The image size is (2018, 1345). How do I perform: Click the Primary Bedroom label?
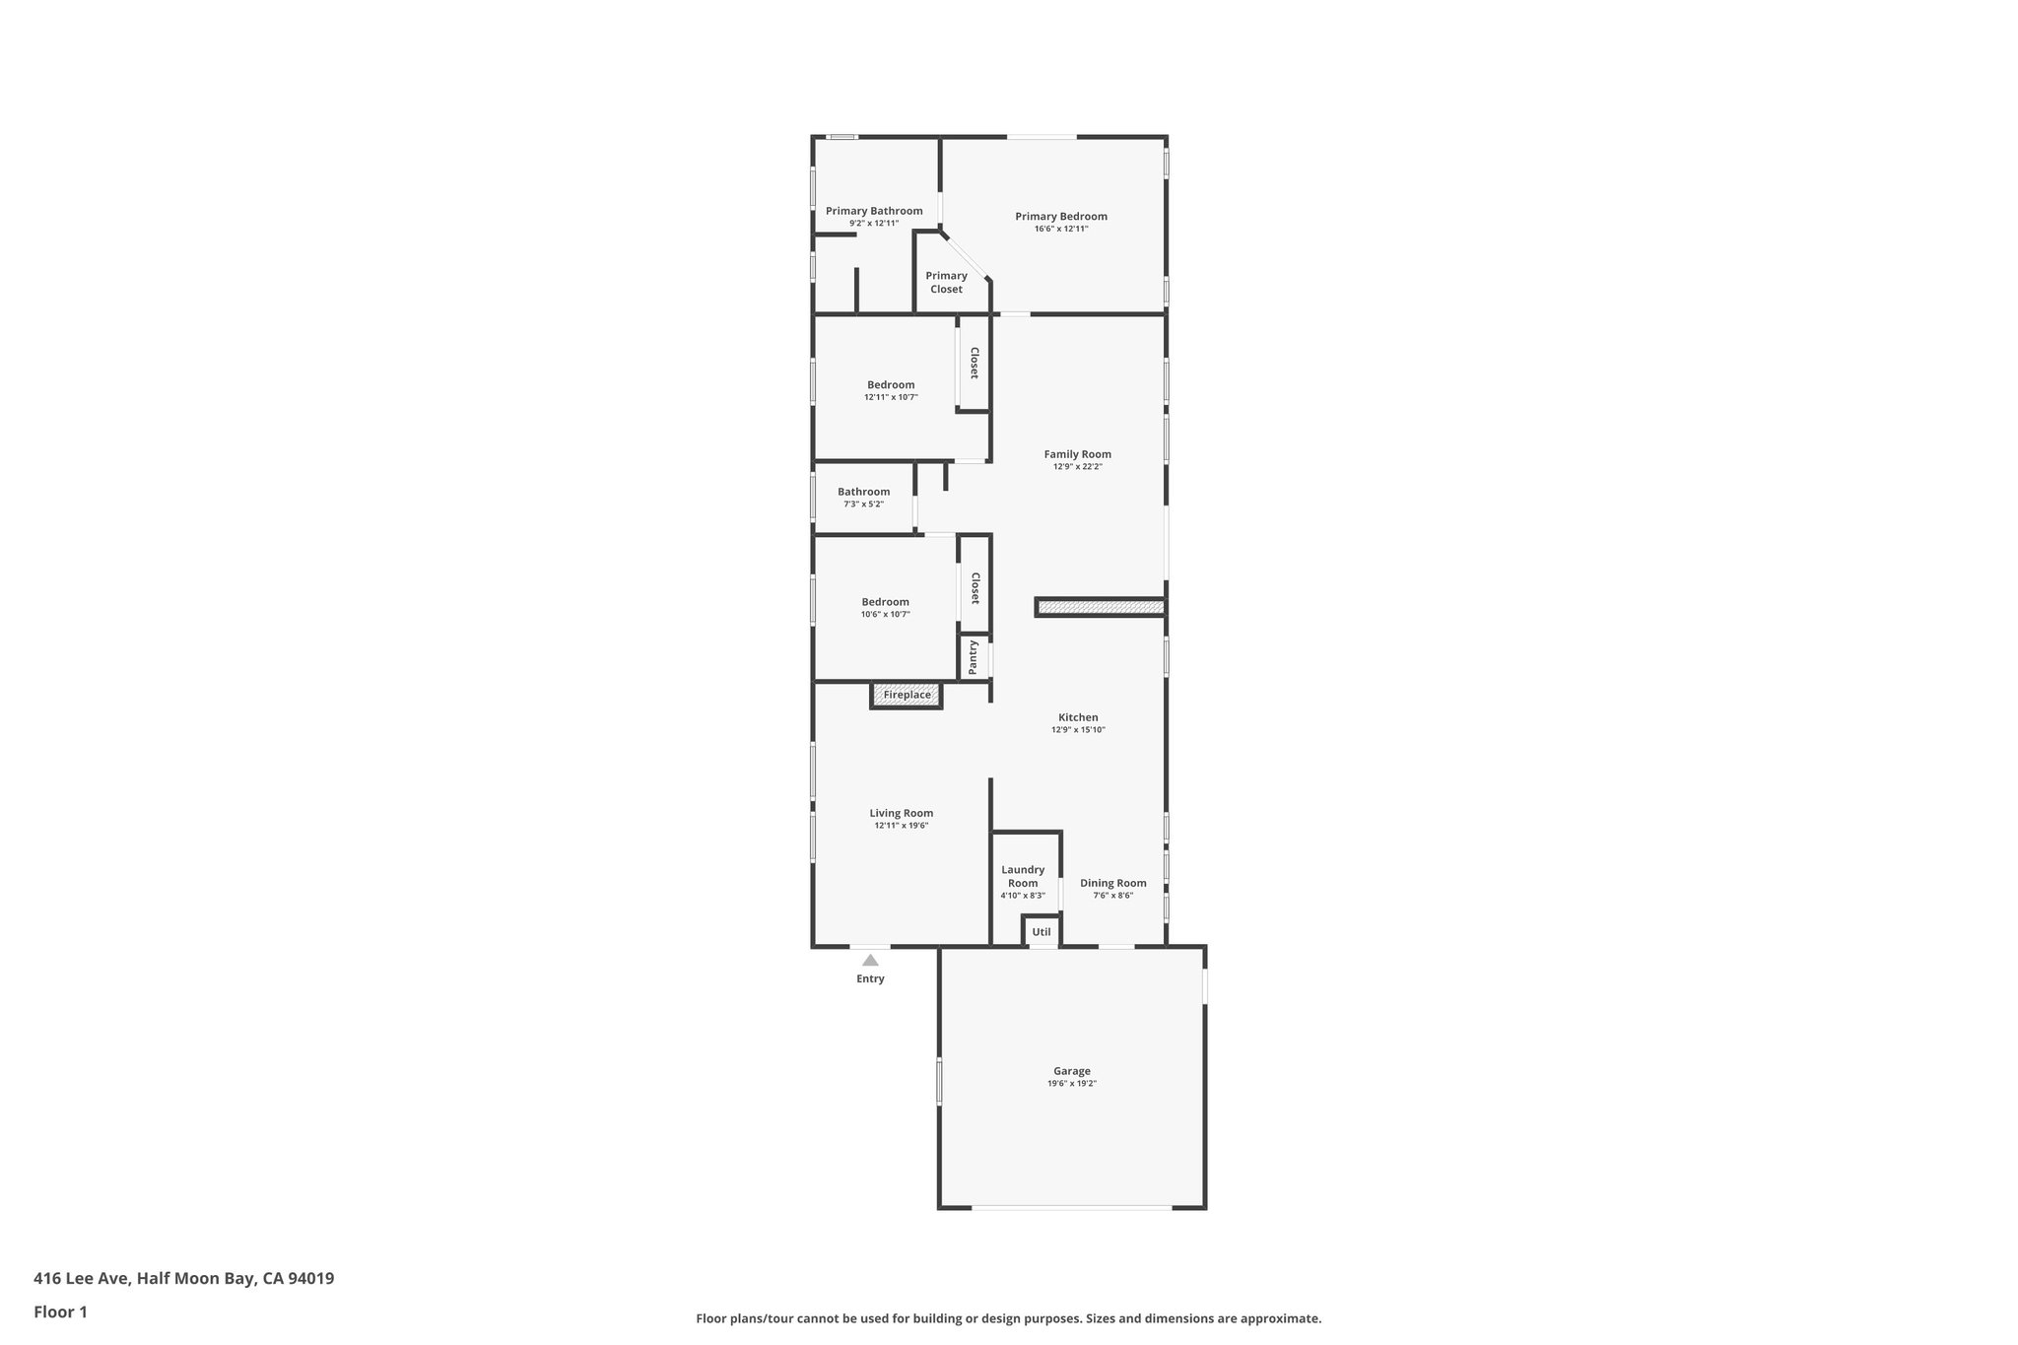pyautogui.click(x=1061, y=217)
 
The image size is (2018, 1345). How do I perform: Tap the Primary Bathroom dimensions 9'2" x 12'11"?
pyautogui.click(x=874, y=224)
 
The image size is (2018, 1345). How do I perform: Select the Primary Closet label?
pyautogui.click(x=946, y=283)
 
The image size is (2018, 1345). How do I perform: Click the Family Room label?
pyautogui.click(x=1077, y=454)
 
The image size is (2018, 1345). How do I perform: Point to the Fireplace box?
pyautogui.click(x=907, y=696)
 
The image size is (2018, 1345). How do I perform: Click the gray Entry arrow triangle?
pyautogui.click(x=870, y=960)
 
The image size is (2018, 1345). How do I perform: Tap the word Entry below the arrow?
pyautogui.click(x=870, y=978)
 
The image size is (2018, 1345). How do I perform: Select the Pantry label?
pyautogui.click(x=974, y=657)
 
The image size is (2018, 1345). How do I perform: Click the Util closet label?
pyautogui.click(x=1042, y=932)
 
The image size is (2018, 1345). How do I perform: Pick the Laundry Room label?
pyautogui.click(x=1023, y=876)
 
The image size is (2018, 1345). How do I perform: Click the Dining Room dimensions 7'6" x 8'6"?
pyautogui.click(x=1112, y=896)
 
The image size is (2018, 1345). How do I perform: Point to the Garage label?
pyautogui.click(x=1072, y=1071)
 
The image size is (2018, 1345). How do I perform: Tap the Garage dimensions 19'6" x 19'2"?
pyautogui.click(x=1072, y=1084)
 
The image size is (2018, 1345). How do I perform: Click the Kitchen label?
pyautogui.click(x=1078, y=717)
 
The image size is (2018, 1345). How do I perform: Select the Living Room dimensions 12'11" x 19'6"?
pyautogui.click(x=901, y=826)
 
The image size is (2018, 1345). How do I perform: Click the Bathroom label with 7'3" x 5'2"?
pyautogui.click(x=863, y=492)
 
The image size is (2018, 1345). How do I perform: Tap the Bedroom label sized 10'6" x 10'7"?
pyautogui.click(x=885, y=602)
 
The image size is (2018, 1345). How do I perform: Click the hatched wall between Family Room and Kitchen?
pyautogui.click(x=1100, y=607)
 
